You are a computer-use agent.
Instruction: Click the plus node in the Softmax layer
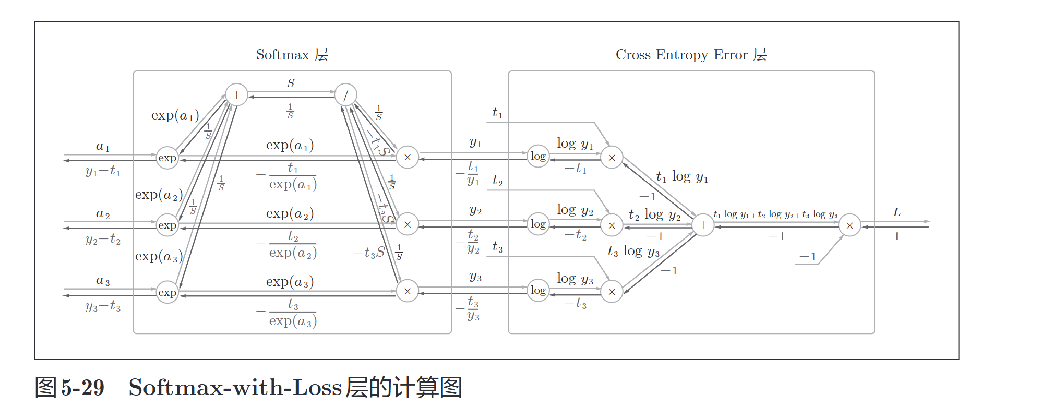point(236,95)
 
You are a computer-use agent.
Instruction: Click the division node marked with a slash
point(345,95)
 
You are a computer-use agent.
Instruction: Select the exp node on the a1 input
point(167,158)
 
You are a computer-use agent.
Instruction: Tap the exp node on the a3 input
point(167,292)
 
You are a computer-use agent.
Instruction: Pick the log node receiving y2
point(538,224)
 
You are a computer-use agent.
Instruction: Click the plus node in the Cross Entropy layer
point(703,225)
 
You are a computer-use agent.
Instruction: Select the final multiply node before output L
point(849,225)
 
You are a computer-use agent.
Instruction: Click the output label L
point(897,212)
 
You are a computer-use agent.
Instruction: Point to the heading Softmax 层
point(292,55)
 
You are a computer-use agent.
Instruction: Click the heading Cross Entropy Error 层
point(691,55)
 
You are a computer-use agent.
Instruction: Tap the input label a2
point(103,214)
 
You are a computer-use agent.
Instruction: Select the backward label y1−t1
point(103,171)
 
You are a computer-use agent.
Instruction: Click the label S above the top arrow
point(291,83)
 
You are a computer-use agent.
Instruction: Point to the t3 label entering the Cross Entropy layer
point(497,247)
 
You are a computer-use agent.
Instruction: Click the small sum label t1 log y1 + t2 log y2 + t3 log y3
point(775,214)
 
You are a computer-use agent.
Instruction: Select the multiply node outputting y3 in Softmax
point(407,291)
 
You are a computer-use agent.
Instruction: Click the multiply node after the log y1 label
point(612,157)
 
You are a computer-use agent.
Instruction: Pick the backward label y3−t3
point(103,306)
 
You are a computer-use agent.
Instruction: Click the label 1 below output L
point(896,236)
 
